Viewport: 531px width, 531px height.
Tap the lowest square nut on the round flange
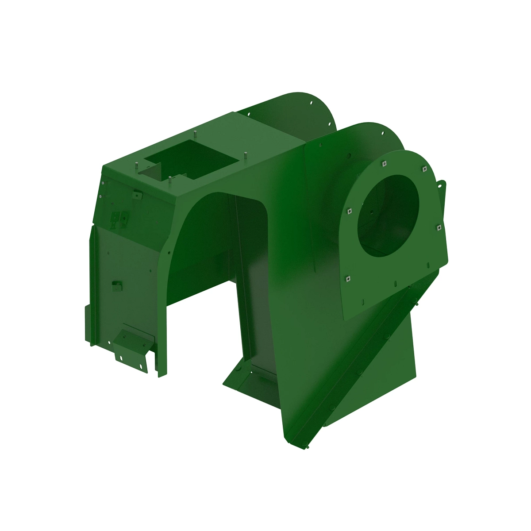tap(348, 278)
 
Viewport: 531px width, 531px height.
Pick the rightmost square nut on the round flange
tap(439, 227)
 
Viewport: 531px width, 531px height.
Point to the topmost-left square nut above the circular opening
tap(384, 163)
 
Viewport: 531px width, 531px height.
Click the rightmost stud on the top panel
tap(244, 155)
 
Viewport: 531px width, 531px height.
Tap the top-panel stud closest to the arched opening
tap(170, 179)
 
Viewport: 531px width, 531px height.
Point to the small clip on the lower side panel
tap(117, 286)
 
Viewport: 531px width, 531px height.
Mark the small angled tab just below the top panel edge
tap(137, 195)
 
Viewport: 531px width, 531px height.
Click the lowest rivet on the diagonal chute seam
tap(304, 447)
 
